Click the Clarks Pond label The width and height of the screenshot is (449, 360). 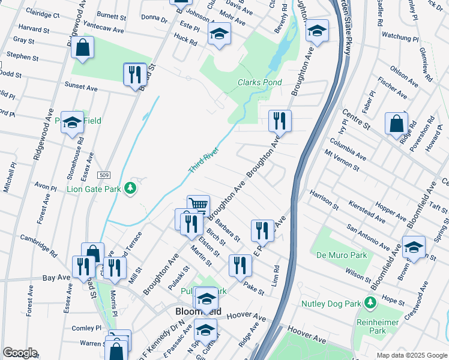tap(259, 82)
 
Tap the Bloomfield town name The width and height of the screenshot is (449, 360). tap(198, 312)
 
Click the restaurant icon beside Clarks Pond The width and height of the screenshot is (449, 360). tap(279, 121)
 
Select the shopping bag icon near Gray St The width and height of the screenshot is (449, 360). tap(82, 47)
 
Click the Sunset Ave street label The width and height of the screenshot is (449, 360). tap(81, 88)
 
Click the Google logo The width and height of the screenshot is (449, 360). tap(20, 353)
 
